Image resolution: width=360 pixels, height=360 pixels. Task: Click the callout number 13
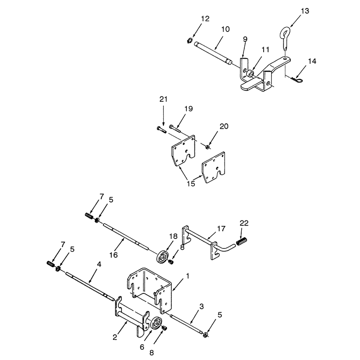305,11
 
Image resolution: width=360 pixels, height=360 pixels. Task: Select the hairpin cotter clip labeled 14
297,80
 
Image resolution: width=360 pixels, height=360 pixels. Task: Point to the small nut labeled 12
189,41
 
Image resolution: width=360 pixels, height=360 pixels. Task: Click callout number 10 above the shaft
225,29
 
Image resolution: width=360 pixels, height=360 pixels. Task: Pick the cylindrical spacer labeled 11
250,74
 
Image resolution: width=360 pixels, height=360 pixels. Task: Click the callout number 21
163,99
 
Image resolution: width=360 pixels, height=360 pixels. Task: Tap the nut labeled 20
207,147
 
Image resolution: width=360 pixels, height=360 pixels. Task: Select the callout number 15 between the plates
191,184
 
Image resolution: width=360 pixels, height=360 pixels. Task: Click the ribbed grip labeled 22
242,242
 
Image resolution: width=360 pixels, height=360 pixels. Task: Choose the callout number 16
113,255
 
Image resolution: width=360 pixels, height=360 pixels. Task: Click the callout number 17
221,229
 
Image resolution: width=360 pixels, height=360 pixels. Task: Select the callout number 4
99,264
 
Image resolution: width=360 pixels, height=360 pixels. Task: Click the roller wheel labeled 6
156,323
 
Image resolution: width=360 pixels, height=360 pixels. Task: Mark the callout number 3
201,306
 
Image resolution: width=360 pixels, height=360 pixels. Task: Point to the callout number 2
115,337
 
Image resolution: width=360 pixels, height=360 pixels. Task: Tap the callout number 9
245,39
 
